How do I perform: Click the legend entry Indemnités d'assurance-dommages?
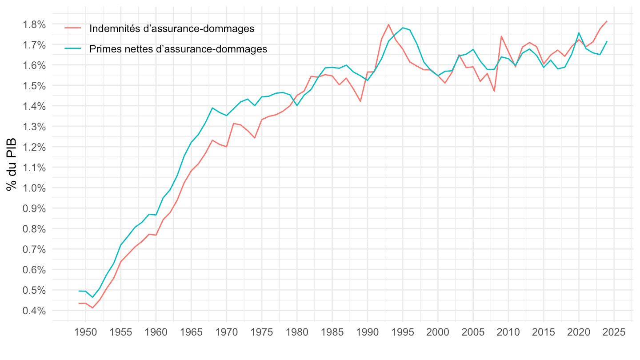pos(172,28)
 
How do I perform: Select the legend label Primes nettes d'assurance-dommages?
pos(178,49)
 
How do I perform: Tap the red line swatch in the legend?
pos(73,28)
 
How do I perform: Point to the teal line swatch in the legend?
pos(73,49)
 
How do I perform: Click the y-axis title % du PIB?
pos(12,165)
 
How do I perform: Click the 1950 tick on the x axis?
pos(85,332)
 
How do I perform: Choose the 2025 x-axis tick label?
pos(614,332)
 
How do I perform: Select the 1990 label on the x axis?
pos(368,332)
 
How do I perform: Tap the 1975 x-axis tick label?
pos(262,332)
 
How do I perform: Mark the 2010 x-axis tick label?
pos(508,332)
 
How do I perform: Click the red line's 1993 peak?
pos(388,24)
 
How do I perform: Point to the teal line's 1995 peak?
pos(403,28)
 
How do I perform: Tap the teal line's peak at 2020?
pos(579,33)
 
